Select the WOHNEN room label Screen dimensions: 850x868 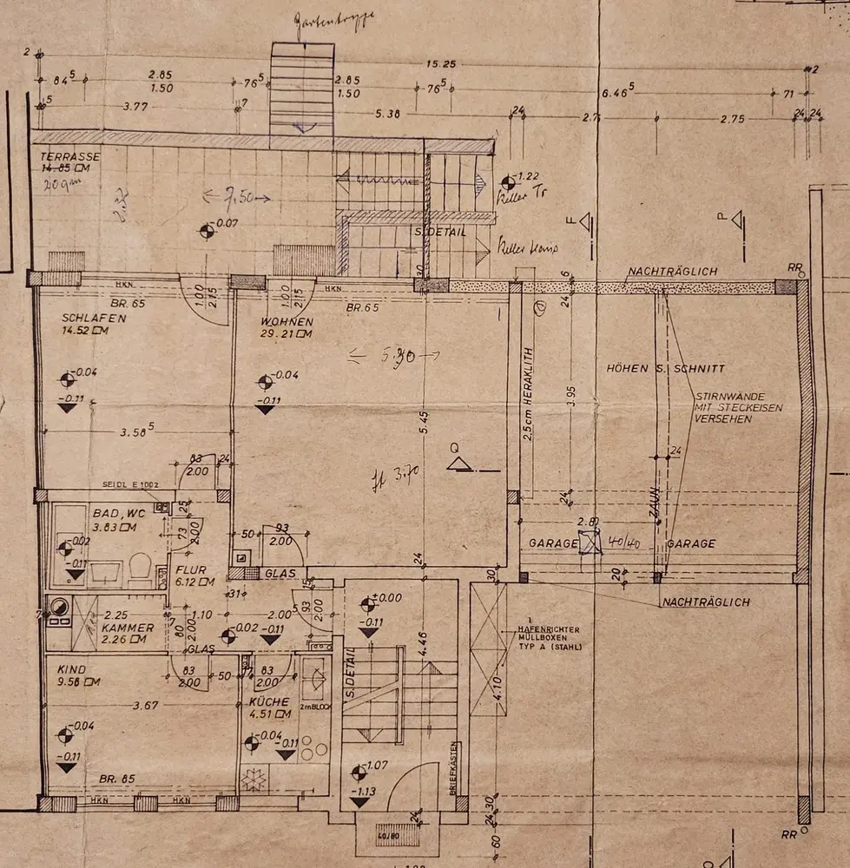point(286,323)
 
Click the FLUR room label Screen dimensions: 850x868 point(190,570)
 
